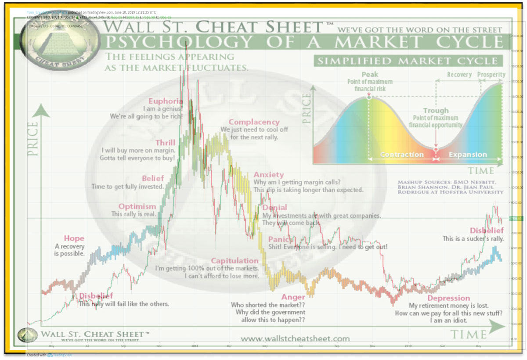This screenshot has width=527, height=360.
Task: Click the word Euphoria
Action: point(165,101)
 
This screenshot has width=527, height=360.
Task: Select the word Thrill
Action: point(165,143)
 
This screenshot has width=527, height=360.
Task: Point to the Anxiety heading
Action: point(269,175)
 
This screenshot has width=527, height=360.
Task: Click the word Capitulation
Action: point(235,261)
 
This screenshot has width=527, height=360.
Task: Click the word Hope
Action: point(74,238)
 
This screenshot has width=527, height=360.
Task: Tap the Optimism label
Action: point(137,206)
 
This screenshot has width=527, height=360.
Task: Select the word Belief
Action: point(152,178)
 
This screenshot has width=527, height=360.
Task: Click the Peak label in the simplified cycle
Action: point(369,75)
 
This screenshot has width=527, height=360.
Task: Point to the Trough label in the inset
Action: point(436,111)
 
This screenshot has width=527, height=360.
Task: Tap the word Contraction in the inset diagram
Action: point(402,155)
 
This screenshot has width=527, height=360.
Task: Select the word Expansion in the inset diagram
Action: point(468,155)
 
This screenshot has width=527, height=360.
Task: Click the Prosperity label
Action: point(491,75)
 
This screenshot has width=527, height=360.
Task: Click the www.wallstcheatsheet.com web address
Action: point(295,338)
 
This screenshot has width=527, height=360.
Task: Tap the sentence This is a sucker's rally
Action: point(473,239)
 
